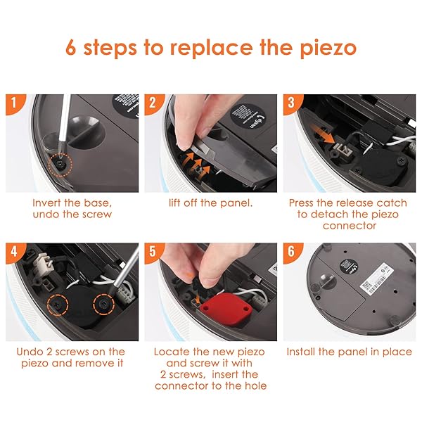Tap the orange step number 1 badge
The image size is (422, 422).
14,103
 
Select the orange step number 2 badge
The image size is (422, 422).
153,103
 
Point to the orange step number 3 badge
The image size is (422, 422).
291,103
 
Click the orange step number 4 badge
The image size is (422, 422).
14,252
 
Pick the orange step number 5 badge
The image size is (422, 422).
153,252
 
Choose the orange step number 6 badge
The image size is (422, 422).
291,252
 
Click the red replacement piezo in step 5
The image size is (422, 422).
226,306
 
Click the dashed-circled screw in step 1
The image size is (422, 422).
60,164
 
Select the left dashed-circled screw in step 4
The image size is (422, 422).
58,305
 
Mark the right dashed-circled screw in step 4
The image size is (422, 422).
104,304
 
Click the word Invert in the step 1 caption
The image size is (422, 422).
46,203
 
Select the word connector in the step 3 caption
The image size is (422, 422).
350,226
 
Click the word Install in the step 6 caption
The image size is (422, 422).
301,352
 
